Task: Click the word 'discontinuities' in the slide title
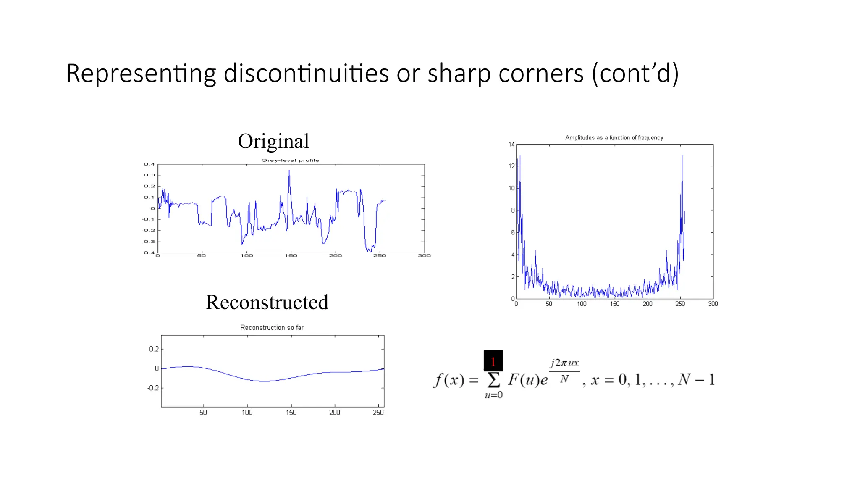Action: pyautogui.click(x=306, y=74)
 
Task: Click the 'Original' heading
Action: pyautogui.click(x=273, y=141)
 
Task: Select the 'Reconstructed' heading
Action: pyautogui.click(x=267, y=302)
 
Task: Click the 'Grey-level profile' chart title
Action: pyautogui.click(x=290, y=160)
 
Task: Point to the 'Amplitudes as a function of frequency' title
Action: pyautogui.click(x=614, y=137)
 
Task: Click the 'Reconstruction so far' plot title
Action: pyautogui.click(x=272, y=327)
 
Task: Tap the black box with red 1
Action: pyautogui.click(x=493, y=360)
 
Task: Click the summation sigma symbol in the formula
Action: pyautogui.click(x=493, y=380)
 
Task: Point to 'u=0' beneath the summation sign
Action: pyautogui.click(x=493, y=395)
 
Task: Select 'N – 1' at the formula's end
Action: pyautogui.click(x=696, y=379)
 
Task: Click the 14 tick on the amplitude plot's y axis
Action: pyautogui.click(x=511, y=145)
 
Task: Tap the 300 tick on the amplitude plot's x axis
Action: pyautogui.click(x=713, y=304)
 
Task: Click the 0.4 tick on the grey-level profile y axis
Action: pyautogui.click(x=149, y=164)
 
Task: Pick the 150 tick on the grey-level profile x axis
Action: pyautogui.click(x=291, y=255)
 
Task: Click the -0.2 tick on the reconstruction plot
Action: pyautogui.click(x=153, y=388)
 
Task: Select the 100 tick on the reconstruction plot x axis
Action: pyautogui.click(x=247, y=413)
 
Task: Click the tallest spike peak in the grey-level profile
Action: pyautogui.click(x=289, y=171)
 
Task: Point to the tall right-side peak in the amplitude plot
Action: pyautogui.click(x=682, y=156)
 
